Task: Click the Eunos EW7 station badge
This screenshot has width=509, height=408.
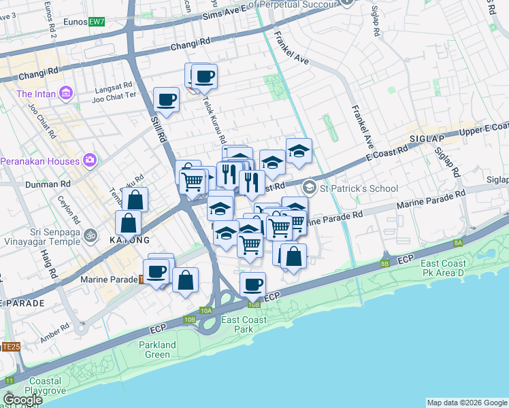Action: coord(97,22)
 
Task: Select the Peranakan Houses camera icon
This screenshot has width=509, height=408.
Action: coord(89,160)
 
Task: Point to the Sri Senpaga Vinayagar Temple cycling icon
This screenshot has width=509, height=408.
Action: coord(91,236)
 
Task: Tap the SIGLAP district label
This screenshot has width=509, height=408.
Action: coord(427,138)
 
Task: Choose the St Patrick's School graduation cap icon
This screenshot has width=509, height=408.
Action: coord(310,186)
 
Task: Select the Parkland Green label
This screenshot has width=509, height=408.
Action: coord(158,350)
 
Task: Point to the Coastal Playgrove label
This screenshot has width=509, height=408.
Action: coord(42,386)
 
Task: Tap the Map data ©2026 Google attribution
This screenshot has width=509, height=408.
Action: coord(466,403)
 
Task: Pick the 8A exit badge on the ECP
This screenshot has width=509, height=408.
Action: coord(458,242)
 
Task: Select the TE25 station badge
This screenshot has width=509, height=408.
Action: coord(10,347)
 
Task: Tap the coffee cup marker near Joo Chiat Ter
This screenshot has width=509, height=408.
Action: coord(166,100)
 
